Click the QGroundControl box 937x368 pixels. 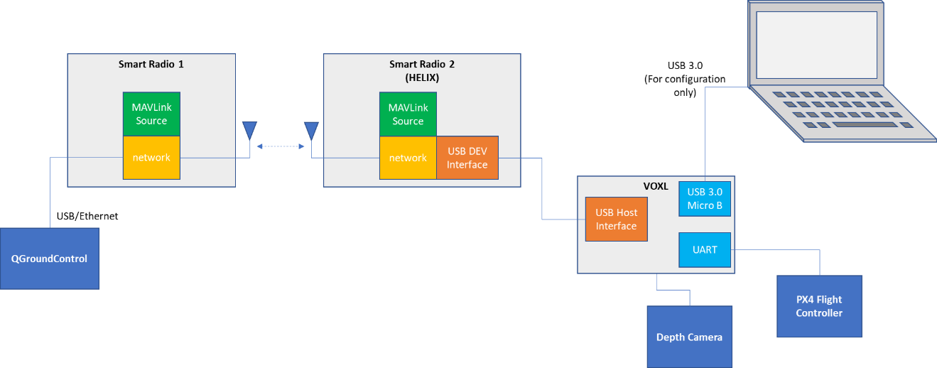[x=49, y=259]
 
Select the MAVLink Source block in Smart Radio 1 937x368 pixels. [x=151, y=114]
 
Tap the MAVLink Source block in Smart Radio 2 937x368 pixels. [x=408, y=114]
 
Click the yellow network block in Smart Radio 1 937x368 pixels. [x=151, y=158]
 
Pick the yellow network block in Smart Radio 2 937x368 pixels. [x=408, y=158]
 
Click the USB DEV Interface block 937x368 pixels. [x=467, y=158]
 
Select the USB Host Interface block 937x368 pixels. [x=616, y=219]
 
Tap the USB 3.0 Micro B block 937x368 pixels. [x=705, y=198]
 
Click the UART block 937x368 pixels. [x=705, y=249]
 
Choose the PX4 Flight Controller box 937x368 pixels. [x=819, y=306]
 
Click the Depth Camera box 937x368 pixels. [x=689, y=337]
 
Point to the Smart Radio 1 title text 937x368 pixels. [x=151, y=64]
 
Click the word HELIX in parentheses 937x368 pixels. [x=422, y=77]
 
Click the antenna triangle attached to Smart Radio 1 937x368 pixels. [x=249, y=130]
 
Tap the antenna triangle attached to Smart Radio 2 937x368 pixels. [x=311, y=130]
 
